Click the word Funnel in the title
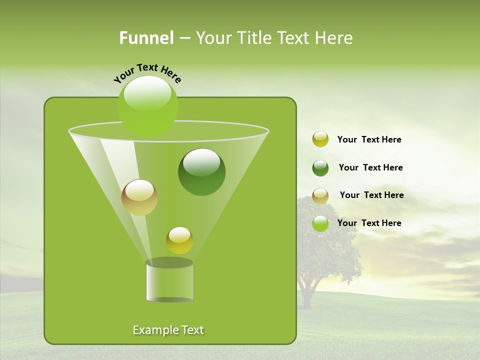tap(146, 38)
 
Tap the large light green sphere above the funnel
tap(147, 105)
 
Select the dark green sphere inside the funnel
tap(201, 172)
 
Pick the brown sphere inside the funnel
tap(139, 197)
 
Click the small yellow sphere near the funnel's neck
tap(179, 240)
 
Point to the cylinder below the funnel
tap(169, 281)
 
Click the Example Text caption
tap(168, 330)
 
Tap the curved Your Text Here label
tap(147, 73)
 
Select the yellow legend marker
tap(320, 139)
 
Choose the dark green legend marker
tap(320, 167)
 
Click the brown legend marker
tap(320, 195)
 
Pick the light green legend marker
tap(320, 223)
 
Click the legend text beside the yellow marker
tap(369, 140)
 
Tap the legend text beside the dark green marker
tap(370, 167)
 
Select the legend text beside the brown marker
tap(371, 195)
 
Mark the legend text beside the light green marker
tap(369, 223)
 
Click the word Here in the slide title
tap(334, 38)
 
